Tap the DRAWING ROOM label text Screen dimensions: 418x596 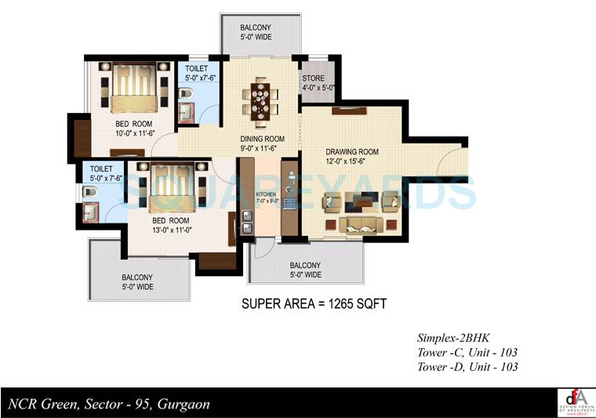[352, 152]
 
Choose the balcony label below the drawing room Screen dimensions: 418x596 [305, 270]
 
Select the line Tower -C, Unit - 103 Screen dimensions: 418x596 [467, 353]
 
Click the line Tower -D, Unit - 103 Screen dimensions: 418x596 [467, 367]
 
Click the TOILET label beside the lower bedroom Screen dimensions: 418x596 [102, 173]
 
